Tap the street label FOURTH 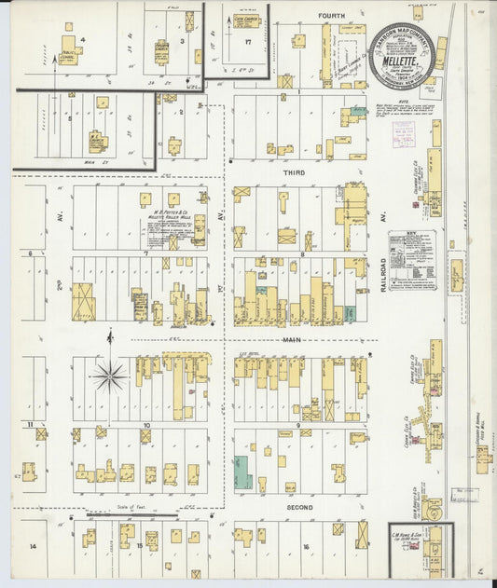[332, 16]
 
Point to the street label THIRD [295, 172]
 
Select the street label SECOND [300, 508]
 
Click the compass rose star [109, 376]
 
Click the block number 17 [248, 41]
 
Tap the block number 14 [32, 546]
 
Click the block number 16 [305, 547]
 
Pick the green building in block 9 [242, 472]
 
